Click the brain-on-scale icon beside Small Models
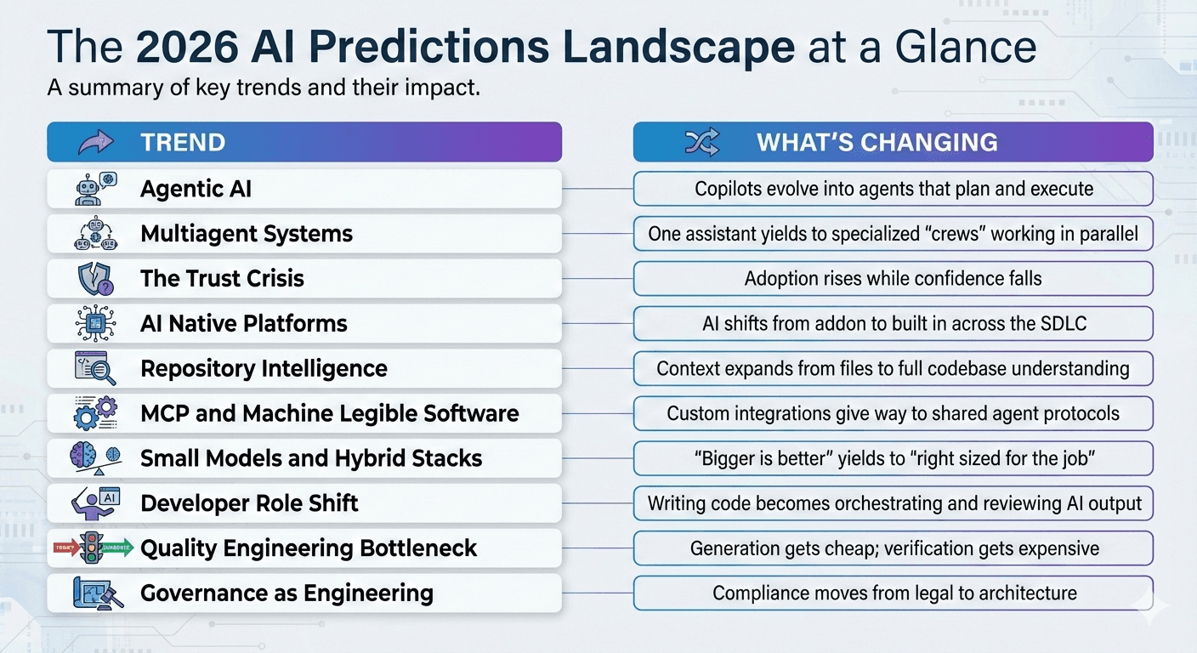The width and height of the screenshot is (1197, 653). pyautogui.click(x=94, y=458)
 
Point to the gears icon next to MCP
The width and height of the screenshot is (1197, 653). pyautogui.click(x=94, y=413)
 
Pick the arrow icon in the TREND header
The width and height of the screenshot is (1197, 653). pyautogui.click(x=94, y=142)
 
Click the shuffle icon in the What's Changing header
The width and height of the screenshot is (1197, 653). pyautogui.click(x=701, y=142)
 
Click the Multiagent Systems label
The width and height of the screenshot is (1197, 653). pyautogui.click(x=247, y=234)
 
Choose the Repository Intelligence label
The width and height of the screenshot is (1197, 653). pyautogui.click(x=264, y=368)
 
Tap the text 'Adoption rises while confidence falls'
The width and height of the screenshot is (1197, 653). pyautogui.click(x=893, y=279)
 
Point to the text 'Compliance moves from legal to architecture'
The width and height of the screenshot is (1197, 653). pyautogui.click(x=894, y=593)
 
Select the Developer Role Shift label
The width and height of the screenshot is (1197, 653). pyautogui.click(x=249, y=503)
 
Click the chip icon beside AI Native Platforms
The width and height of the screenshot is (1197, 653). pyautogui.click(x=94, y=323)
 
